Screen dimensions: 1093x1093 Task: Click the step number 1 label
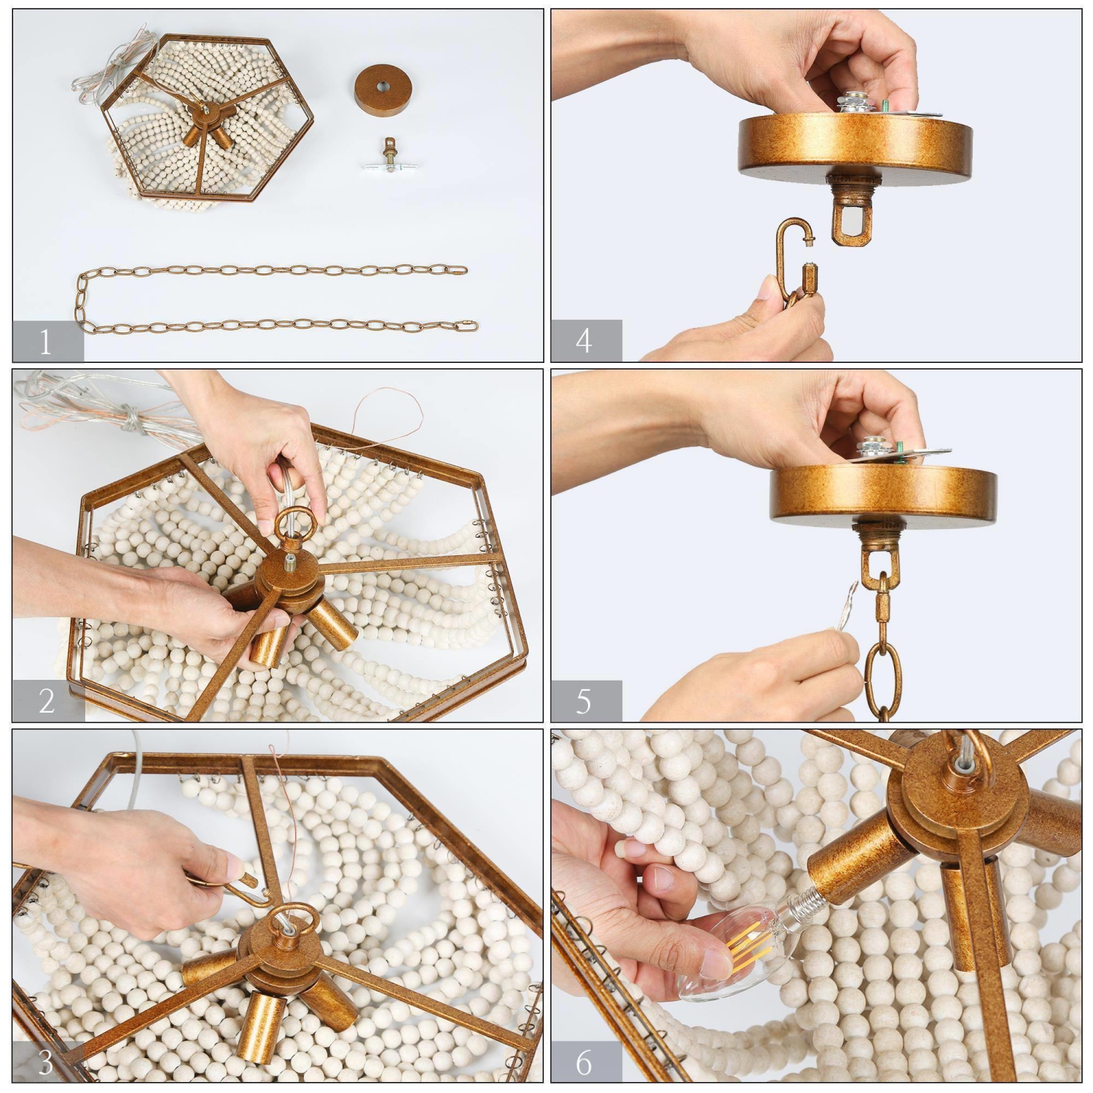click(x=46, y=341)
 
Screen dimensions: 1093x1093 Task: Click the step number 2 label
click(x=46, y=701)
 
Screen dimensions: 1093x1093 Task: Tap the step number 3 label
click(x=46, y=1062)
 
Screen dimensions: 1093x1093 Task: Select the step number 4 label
click(x=584, y=341)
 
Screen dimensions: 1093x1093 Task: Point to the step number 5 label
click(x=584, y=701)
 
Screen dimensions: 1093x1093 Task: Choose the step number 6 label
click(x=584, y=1062)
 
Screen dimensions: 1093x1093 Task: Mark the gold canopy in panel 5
click(x=882, y=495)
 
